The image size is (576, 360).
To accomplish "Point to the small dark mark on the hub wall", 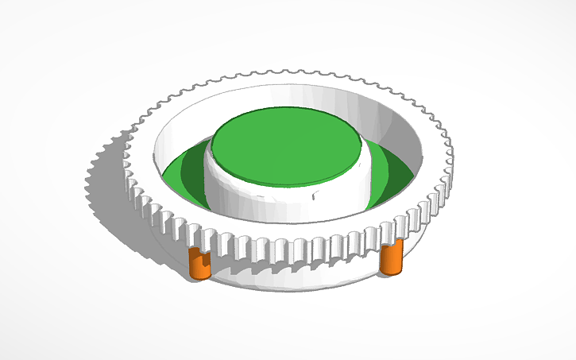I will click(x=316, y=192).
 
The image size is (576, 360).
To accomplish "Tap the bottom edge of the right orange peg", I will click(x=390, y=273).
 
